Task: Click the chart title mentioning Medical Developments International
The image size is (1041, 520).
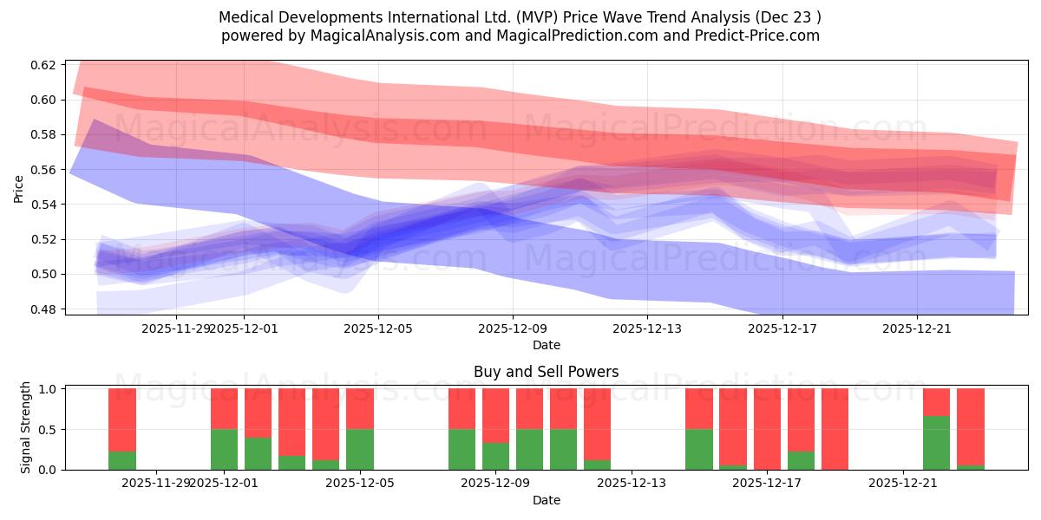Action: [520, 16]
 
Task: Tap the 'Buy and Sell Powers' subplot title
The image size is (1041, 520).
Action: [546, 372]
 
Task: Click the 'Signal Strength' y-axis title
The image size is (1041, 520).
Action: [26, 427]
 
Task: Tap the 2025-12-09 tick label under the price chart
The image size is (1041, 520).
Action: [513, 328]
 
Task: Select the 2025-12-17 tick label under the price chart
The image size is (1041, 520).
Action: [782, 328]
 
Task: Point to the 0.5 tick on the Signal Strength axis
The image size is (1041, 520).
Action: [49, 429]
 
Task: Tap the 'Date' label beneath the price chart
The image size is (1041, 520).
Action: [546, 345]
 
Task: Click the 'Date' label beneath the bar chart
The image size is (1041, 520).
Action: [546, 500]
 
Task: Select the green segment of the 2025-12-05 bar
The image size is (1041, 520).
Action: [360, 449]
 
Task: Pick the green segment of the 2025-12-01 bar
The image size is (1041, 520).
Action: [225, 449]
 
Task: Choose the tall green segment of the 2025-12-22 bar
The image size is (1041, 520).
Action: [936, 443]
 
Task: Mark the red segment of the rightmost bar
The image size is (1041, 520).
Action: [970, 426]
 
